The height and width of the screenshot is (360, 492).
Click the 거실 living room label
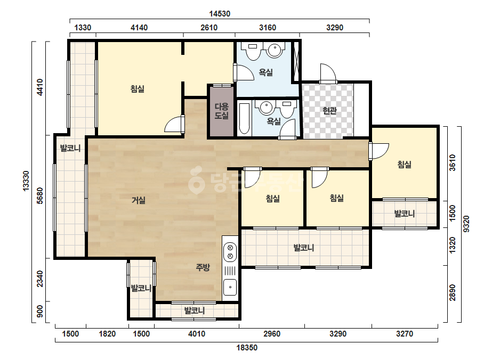tap(139, 200)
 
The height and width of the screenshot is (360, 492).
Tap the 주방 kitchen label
tap(203, 267)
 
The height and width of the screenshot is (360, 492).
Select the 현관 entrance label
tap(330, 110)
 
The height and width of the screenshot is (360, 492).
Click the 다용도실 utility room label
tap(222, 111)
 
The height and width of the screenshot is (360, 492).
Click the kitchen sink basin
tap(230, 287)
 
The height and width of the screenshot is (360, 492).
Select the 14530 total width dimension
tap(220, 14)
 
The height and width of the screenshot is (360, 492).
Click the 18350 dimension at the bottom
tap(247, 347)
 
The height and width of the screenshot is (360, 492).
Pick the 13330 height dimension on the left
tap(26, 181)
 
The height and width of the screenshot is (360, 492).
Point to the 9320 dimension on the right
tap(466, 224)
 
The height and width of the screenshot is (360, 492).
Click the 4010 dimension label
tap(197, 334)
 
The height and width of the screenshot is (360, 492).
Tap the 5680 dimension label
tap(39, 195)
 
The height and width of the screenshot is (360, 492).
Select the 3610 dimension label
tap(452, 163)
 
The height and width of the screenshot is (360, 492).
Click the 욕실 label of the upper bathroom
tap(266, 72)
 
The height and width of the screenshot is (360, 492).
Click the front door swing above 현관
tap(328, 73)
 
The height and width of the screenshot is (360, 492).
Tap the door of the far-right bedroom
tap(379, 151)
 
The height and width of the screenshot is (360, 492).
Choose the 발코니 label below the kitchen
tap(195, 310)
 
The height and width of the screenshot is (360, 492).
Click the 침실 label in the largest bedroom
tap(138, 89)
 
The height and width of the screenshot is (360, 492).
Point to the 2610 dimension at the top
tap(209, 28)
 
